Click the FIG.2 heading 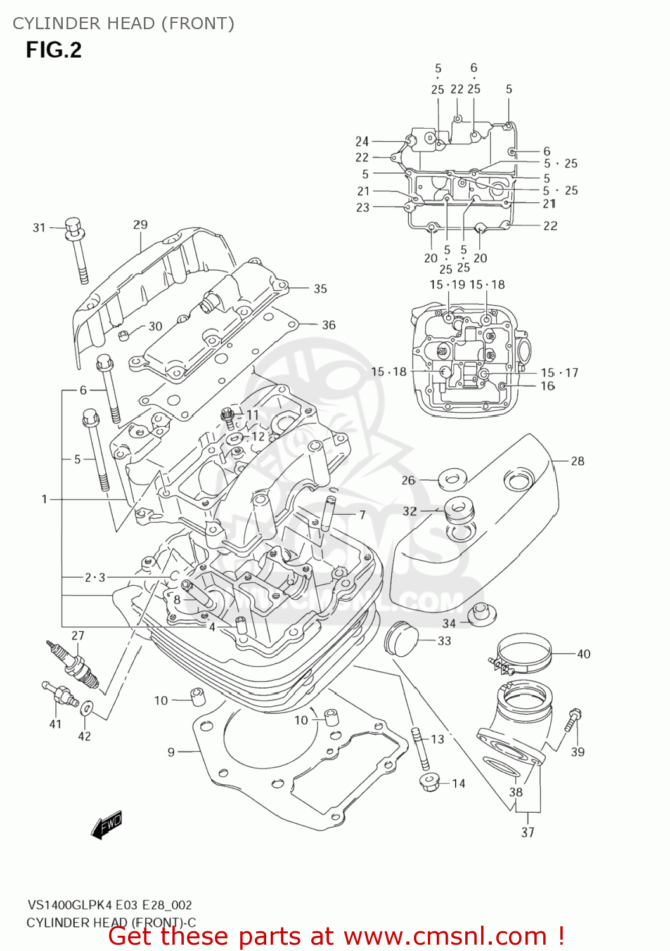coord(54,50)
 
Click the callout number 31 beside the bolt coord(39,228)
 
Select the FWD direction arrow coord(106,825)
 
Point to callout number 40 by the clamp coord(583,654)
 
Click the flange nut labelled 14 coord(429,781)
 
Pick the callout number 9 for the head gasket coord(171,752)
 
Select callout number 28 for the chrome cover coord(577,461)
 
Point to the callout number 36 coord(328,325)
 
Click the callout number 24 coord(362,141)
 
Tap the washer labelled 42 coord(87,706)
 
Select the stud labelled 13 coord(419,748)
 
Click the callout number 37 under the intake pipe coord(528,832)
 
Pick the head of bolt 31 coord(74,226)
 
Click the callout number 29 coord(141,224)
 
